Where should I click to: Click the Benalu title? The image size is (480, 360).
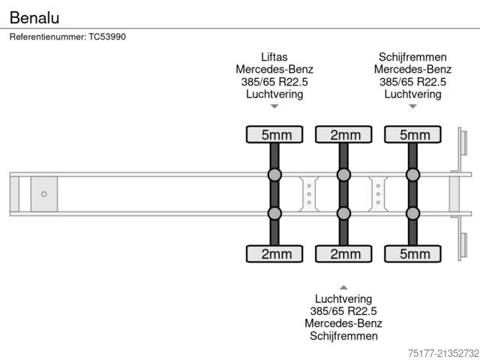point(34,17)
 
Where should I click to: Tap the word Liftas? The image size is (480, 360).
point(274,57)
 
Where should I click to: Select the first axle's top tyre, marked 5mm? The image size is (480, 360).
point(274,135)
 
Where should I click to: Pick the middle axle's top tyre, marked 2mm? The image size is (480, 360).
point(343,135)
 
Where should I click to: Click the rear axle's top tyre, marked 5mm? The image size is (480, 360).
point(412,135)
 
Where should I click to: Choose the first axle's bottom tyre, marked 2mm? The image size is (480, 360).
point(274,254)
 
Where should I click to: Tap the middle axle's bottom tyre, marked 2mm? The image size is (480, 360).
point(343,254)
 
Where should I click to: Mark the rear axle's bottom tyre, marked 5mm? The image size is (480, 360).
point(412,254)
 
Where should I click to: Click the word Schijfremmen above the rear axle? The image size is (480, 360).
point(412,57)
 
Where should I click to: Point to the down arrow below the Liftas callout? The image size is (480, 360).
point(274,106)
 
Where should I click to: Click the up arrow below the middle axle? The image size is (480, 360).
point(343,287)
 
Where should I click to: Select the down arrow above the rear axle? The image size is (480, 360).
point(412,106)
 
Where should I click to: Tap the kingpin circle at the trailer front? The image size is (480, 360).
point(44,194)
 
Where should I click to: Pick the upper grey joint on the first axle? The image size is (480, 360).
point(274,175)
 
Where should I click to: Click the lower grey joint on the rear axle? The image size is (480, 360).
point(412,214)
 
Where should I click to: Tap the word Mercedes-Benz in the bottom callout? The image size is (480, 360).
point(343,324)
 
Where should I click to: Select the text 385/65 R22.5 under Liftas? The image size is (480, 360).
point(274,82)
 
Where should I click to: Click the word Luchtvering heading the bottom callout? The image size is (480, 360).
point(343,298)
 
